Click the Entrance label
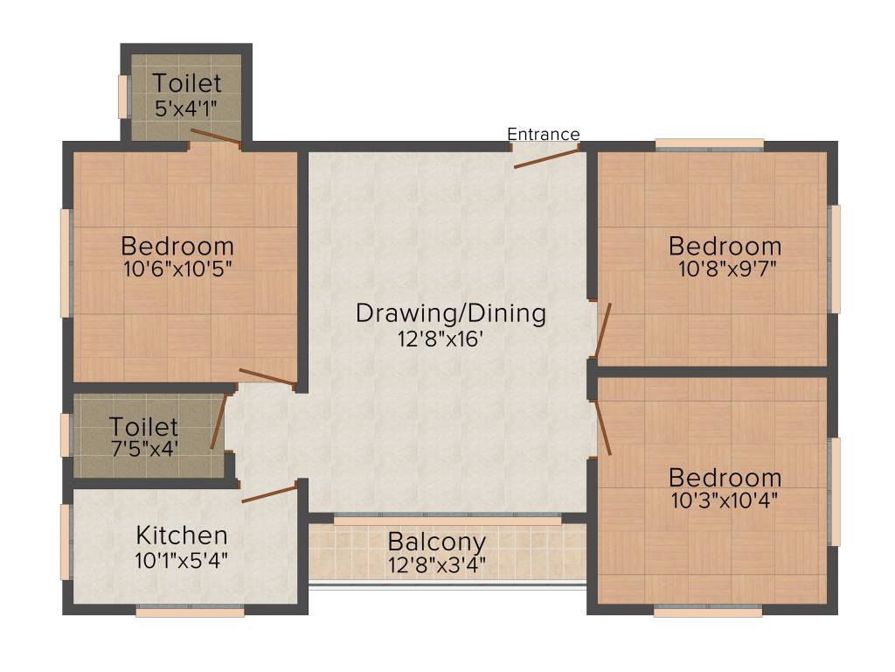tap(543, 134)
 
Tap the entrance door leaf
tap(546, 157)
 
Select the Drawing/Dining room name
tap(450, 313)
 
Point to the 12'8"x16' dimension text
tap(441, 339)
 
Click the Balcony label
tap(437, 541)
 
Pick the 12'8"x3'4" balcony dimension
tap(437, 564)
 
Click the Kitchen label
tap(182, 535)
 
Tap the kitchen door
tap(269, 494)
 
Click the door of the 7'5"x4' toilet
tap(219, 422)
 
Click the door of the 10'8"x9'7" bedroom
tap(602, 332)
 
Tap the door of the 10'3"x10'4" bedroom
tap(602, 429)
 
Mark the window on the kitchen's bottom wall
tap(190, 612)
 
